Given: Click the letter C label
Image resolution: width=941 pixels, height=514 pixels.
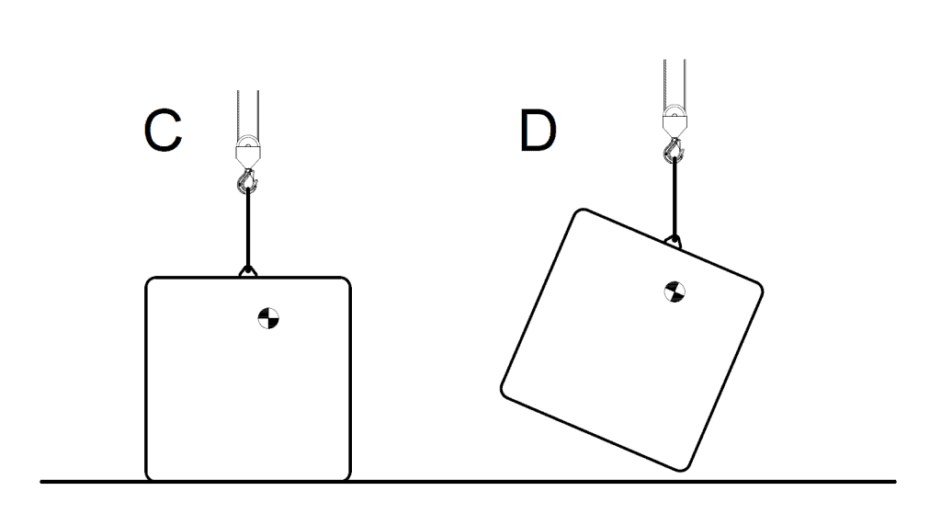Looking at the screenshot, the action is tap(163, 131).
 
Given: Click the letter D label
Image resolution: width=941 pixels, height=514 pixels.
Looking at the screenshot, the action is tap(538, 131).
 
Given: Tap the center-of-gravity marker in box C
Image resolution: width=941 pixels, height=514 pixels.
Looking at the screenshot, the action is tap(268, 318).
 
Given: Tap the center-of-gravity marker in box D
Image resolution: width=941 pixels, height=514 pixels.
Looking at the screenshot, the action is tap(675, 291).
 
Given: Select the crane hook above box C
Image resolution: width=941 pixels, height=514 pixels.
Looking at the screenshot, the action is tap(247, 181).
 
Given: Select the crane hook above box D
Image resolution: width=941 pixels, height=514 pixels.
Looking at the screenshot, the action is tap(675, 150).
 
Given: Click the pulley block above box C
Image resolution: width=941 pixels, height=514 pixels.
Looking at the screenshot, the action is tap(248, 152).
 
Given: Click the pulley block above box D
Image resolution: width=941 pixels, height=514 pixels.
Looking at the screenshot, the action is tap(675, 120).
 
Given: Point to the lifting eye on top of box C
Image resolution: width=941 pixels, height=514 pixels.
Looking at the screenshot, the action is tap(248, 271).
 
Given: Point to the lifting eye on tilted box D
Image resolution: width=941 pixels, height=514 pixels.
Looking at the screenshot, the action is tap(674, 242).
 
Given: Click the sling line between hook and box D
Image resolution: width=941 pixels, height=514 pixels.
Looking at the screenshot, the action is tap(675, 199).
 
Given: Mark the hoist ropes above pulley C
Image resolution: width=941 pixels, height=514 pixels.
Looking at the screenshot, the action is tap(248, 114).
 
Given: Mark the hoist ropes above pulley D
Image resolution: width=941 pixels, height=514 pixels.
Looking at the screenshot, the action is tap(675, 83).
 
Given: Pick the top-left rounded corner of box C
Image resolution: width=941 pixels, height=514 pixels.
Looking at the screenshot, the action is tap(150, 281).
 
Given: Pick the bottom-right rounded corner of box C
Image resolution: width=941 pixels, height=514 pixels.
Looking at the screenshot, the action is tap(346, 477).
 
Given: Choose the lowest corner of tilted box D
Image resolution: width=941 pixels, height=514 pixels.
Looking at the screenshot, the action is tap(683, 467).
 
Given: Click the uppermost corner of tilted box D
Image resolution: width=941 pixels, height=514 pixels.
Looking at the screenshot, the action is tap(581, 212).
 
